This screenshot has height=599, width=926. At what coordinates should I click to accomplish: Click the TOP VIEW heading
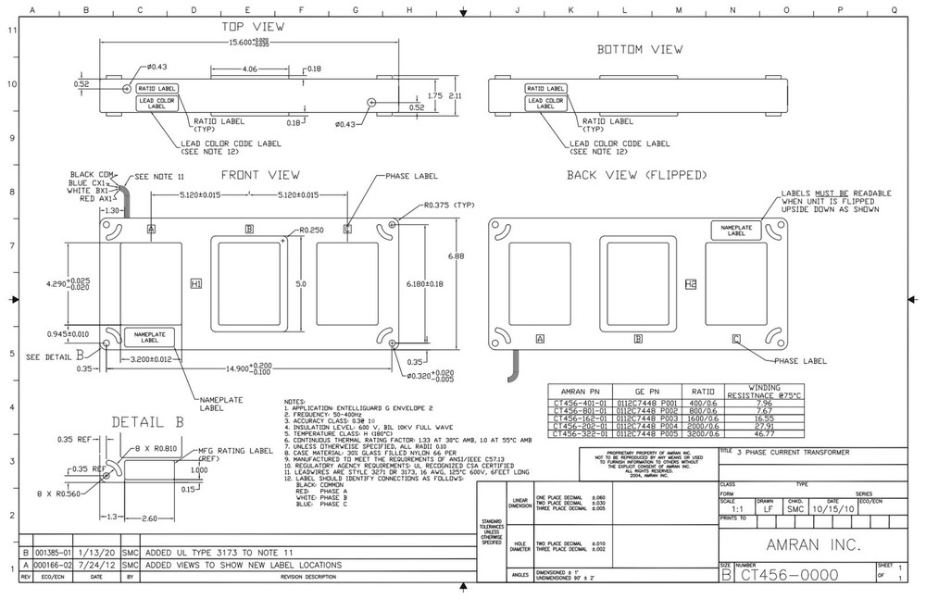pos(254,28)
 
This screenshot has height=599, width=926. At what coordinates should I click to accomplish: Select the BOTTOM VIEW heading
pos(640,48)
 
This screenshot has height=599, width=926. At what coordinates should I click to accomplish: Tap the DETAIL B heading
pos(147,422)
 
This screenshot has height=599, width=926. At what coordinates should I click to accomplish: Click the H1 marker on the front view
pos(196,282)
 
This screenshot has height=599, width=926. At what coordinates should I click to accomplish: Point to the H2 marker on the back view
pos(691,283)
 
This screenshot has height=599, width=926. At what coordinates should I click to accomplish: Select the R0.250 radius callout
pos(312,231)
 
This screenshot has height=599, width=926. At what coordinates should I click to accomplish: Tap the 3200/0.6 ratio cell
pos(703,433)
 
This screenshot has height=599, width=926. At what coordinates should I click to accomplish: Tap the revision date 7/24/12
pos(96,564)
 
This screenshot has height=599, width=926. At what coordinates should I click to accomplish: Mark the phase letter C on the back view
pos(736,339)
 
